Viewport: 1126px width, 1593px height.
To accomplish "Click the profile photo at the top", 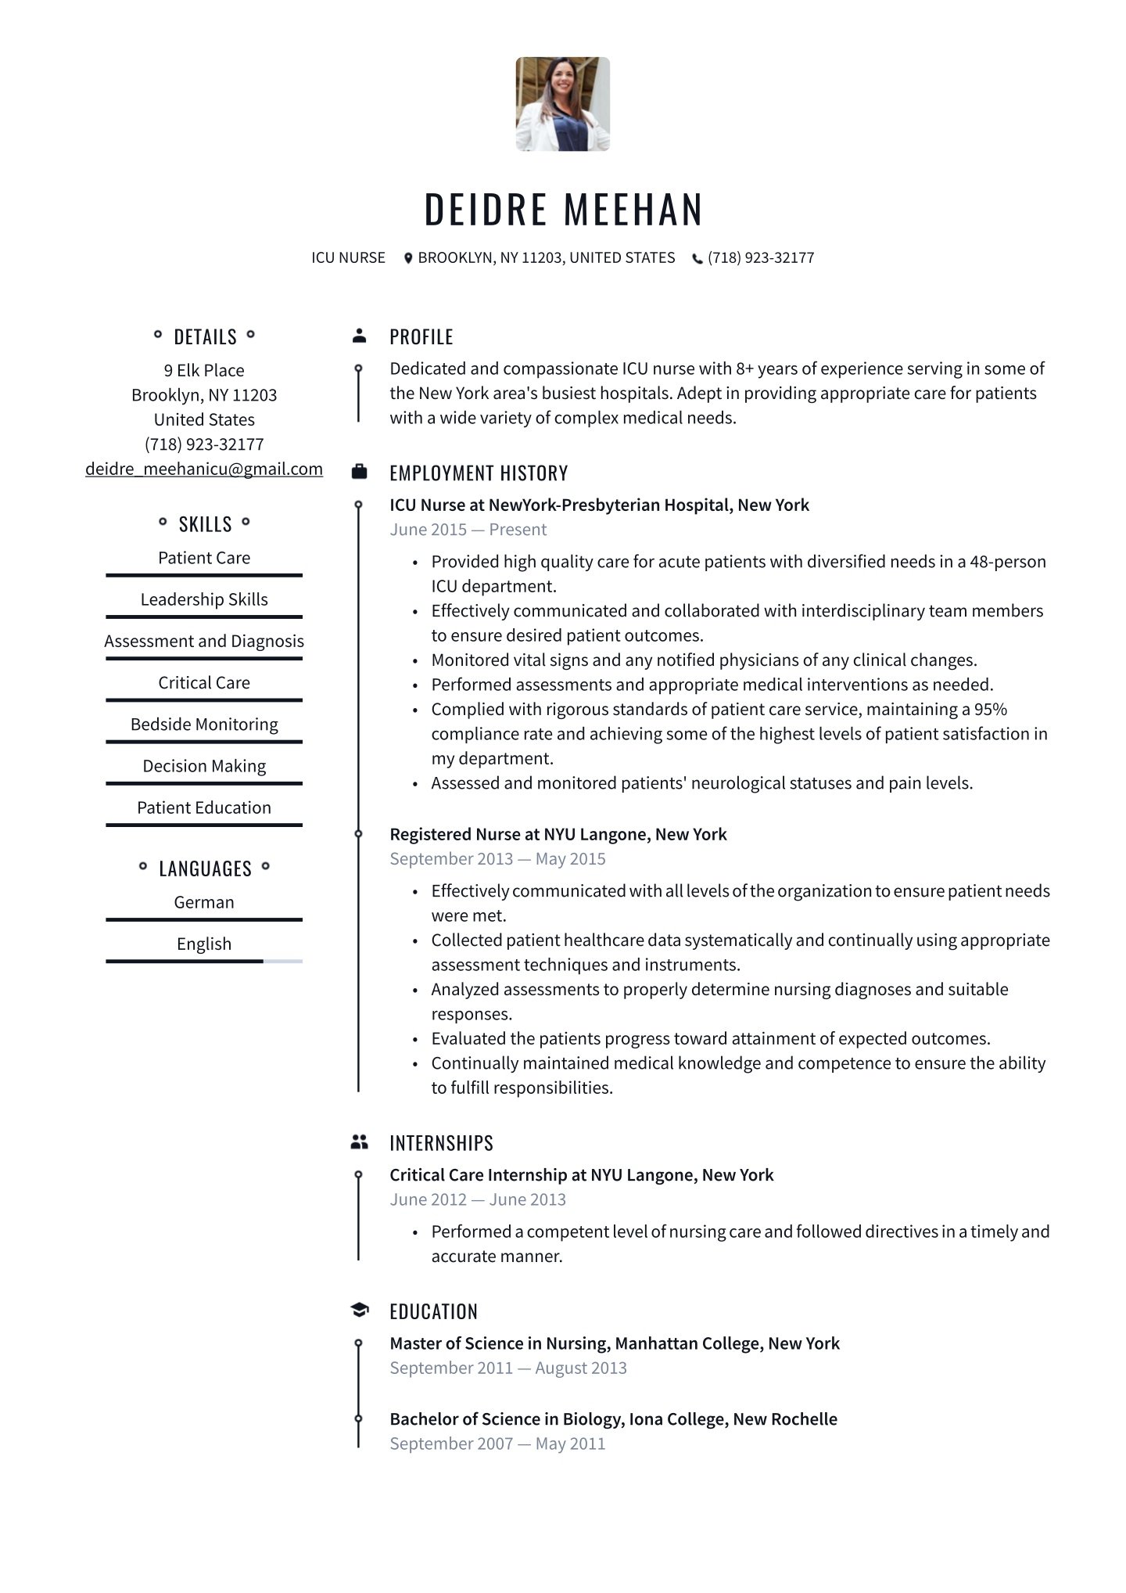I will tap(562, 104).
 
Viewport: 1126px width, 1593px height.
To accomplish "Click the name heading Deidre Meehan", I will tap(563, 210).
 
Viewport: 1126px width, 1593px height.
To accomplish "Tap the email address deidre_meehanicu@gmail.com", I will tap(204, 469).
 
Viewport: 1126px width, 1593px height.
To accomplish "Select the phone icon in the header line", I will tap(697, 259).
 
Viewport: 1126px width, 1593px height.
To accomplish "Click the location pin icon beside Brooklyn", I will tap(407, 258).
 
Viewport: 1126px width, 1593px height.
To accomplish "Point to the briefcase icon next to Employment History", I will tap(359, 472).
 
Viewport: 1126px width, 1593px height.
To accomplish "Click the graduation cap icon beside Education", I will tap(359, 1311).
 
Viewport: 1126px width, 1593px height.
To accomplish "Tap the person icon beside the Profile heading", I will tap(359, 336).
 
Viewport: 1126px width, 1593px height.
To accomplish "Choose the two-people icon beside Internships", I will tap(359, 1142).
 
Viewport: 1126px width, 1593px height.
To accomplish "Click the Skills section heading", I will tap(205, 524).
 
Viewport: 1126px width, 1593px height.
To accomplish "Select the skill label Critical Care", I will tap(204, 682).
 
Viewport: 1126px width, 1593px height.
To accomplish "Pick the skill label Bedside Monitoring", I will tap(204, 724).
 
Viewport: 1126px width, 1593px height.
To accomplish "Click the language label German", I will tap(204, 902).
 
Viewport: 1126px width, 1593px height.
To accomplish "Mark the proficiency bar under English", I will tap(204, 961).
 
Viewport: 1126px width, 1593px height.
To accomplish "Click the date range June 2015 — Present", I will tap(468, 530).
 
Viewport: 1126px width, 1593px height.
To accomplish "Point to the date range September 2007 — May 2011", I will tap(497, 1444).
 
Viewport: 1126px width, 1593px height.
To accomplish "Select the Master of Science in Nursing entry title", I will tap(614, 1343).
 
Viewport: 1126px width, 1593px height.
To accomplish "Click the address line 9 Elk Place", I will tap(204, 370).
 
